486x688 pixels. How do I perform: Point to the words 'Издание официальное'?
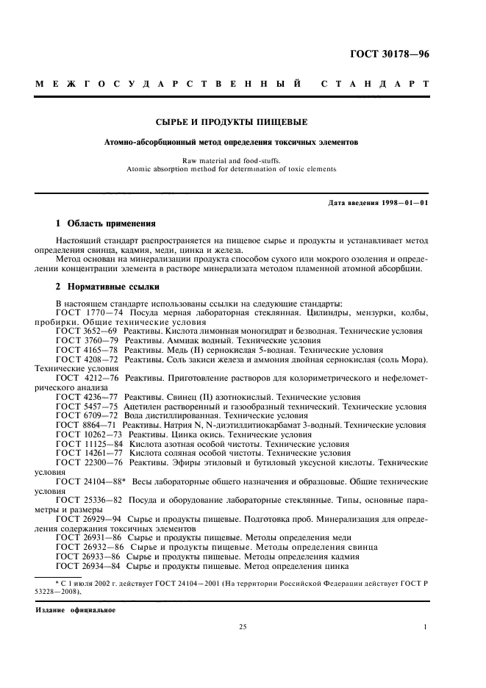75,609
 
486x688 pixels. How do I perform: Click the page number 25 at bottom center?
243,627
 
